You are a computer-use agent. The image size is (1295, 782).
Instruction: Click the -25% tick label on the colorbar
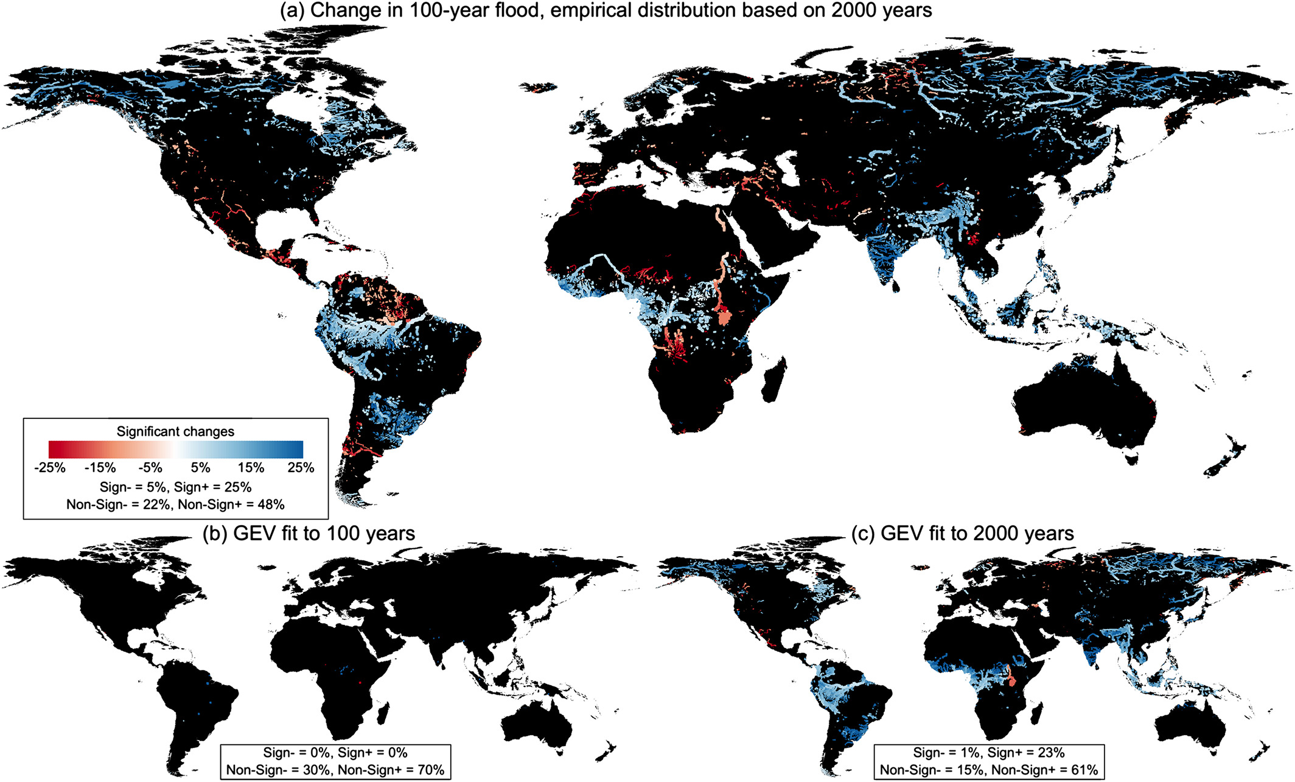coord(50,468)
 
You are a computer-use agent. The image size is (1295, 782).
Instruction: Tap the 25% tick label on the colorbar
coord(301,468)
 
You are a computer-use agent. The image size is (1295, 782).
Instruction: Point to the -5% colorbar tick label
coord(150,468)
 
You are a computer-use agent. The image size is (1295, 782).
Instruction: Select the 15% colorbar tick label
coord(251,468)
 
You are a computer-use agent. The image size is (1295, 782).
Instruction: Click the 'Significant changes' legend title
coord(175,432)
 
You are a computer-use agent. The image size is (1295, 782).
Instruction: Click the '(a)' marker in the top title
coord(292,11)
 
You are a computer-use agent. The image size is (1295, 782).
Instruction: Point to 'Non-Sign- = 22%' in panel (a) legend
coord(118,504)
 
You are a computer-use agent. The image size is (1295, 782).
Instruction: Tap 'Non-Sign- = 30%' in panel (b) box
coord(279,770)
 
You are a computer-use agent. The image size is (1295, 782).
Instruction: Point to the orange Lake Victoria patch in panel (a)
coord(724,319)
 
